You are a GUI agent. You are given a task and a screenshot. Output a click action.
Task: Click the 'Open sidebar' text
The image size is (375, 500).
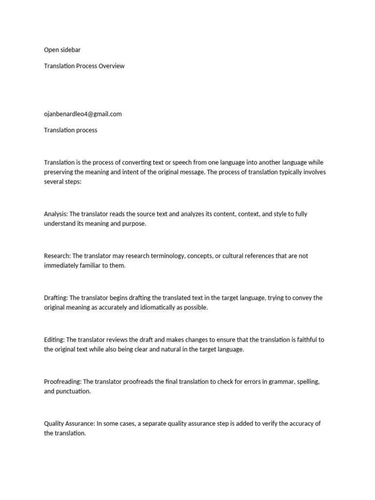62,50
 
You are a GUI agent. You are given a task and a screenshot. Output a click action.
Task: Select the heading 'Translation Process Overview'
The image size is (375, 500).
84,66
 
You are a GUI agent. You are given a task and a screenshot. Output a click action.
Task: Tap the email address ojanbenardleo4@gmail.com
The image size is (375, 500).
83,114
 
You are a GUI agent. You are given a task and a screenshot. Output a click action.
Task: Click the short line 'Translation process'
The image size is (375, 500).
70,130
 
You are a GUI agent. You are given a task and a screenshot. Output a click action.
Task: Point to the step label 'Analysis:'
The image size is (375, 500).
56,214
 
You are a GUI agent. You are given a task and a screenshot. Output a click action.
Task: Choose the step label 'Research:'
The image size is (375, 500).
57,256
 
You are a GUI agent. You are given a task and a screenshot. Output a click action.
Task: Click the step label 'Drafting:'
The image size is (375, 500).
56,298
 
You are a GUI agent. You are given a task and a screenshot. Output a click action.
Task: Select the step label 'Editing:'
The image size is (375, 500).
54,340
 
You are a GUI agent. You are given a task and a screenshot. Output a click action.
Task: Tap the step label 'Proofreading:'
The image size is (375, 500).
63,382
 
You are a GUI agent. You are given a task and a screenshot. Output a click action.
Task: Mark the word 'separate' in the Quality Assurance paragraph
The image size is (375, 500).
154,424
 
